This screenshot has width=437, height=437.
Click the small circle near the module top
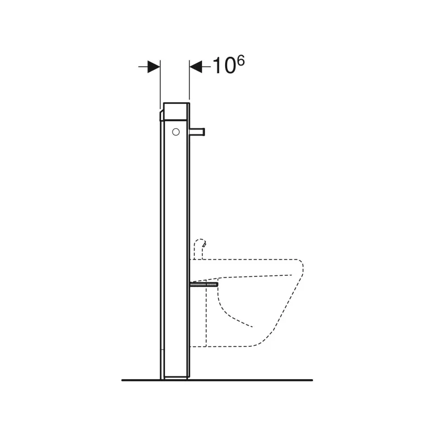[175, 131]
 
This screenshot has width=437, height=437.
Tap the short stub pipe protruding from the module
[198, 131]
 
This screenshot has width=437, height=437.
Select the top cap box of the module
[175, 110]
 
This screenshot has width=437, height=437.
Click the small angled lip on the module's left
[161, 115]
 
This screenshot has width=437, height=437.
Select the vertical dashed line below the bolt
[205, 317]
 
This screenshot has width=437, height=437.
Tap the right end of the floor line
[311, 379]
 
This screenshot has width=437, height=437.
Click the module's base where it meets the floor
[175, 377]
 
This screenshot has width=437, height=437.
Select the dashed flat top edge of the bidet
[246, 258]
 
